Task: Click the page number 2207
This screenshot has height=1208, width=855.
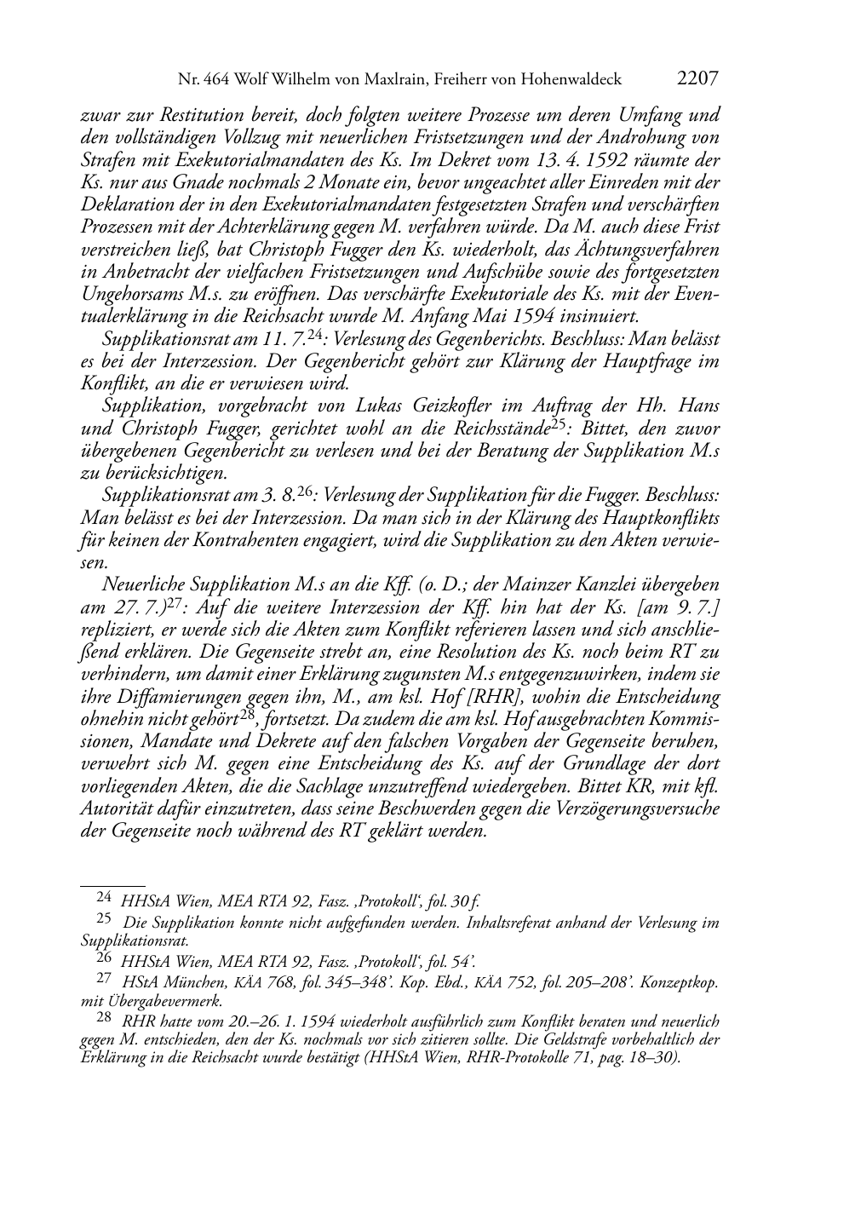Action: coord(698,79)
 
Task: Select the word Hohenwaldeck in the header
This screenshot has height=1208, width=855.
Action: coord(580,80)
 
